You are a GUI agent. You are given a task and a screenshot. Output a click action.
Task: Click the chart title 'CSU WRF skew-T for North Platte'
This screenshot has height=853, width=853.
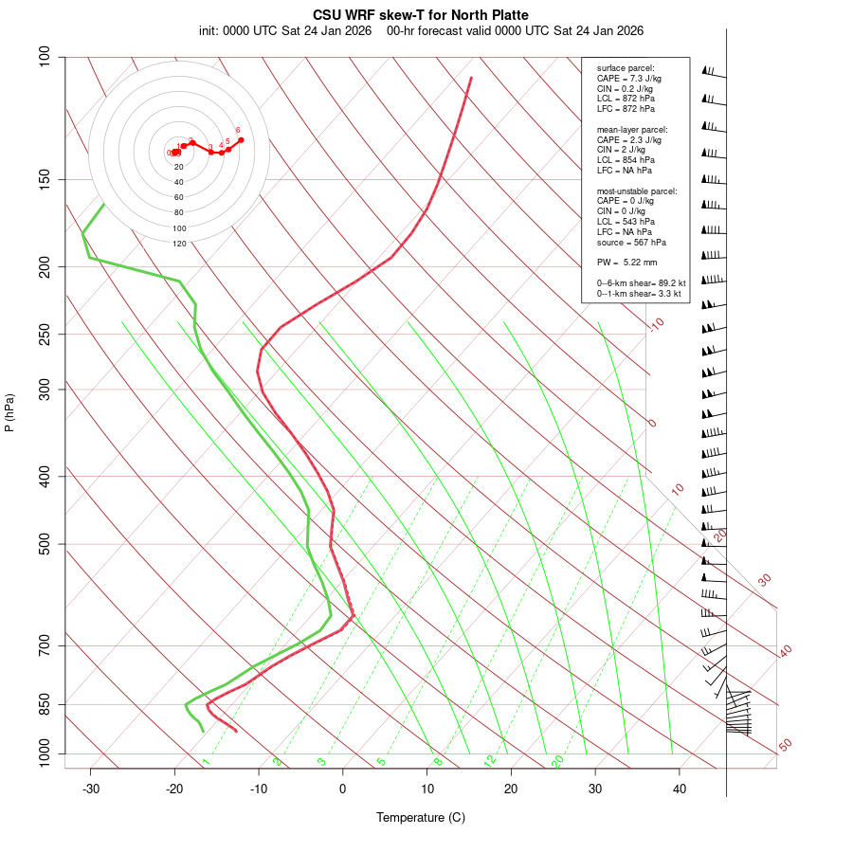point(421,15)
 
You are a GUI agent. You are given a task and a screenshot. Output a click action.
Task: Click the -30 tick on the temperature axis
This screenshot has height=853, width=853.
point(91,789)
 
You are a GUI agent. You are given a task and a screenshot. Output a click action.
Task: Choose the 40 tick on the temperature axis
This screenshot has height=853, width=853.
point(680,789)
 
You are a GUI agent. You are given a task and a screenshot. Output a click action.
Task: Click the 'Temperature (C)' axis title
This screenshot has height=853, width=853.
point(421,817)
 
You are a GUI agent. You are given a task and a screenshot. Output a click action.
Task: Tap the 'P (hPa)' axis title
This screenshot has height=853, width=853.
point(9,412)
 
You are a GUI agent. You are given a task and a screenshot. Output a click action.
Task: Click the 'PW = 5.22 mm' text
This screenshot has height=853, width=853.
point(626,262)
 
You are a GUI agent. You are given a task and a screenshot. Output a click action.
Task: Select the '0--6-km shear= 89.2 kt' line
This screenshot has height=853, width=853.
point(641,283)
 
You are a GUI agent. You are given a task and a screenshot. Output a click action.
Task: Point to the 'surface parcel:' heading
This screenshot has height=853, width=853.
point(625,68)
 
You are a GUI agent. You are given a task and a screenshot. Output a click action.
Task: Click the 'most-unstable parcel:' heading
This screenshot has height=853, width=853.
point(637,191)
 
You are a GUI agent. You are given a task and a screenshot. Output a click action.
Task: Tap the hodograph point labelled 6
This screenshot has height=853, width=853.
point(241,139)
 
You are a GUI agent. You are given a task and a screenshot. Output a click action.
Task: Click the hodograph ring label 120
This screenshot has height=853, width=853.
point(179,244)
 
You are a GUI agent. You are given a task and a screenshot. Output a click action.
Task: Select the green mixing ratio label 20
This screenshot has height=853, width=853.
point(557,760)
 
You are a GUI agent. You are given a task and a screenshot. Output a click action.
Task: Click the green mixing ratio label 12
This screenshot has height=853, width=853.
point(490,760)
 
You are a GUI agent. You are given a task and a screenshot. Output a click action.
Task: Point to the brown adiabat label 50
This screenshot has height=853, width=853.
point(785,746)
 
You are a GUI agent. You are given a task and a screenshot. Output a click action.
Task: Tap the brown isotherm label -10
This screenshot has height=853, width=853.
point(656,324)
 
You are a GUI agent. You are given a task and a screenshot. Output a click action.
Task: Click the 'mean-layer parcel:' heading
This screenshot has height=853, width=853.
point(632,129)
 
